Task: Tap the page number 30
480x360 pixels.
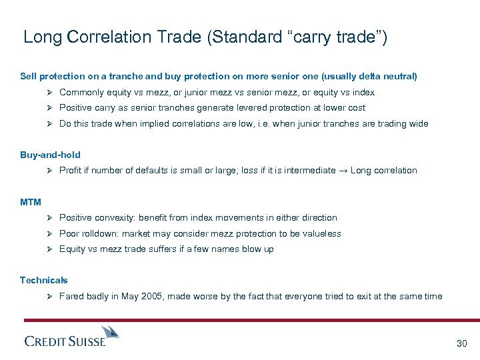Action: pos(461,343)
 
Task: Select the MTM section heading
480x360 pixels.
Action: pos(30,202)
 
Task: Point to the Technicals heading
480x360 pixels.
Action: pos(43,281)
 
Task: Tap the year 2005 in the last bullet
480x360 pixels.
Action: pos(150,297)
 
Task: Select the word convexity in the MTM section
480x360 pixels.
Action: pos(117,218)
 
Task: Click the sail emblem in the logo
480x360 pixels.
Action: pos(111,332)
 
